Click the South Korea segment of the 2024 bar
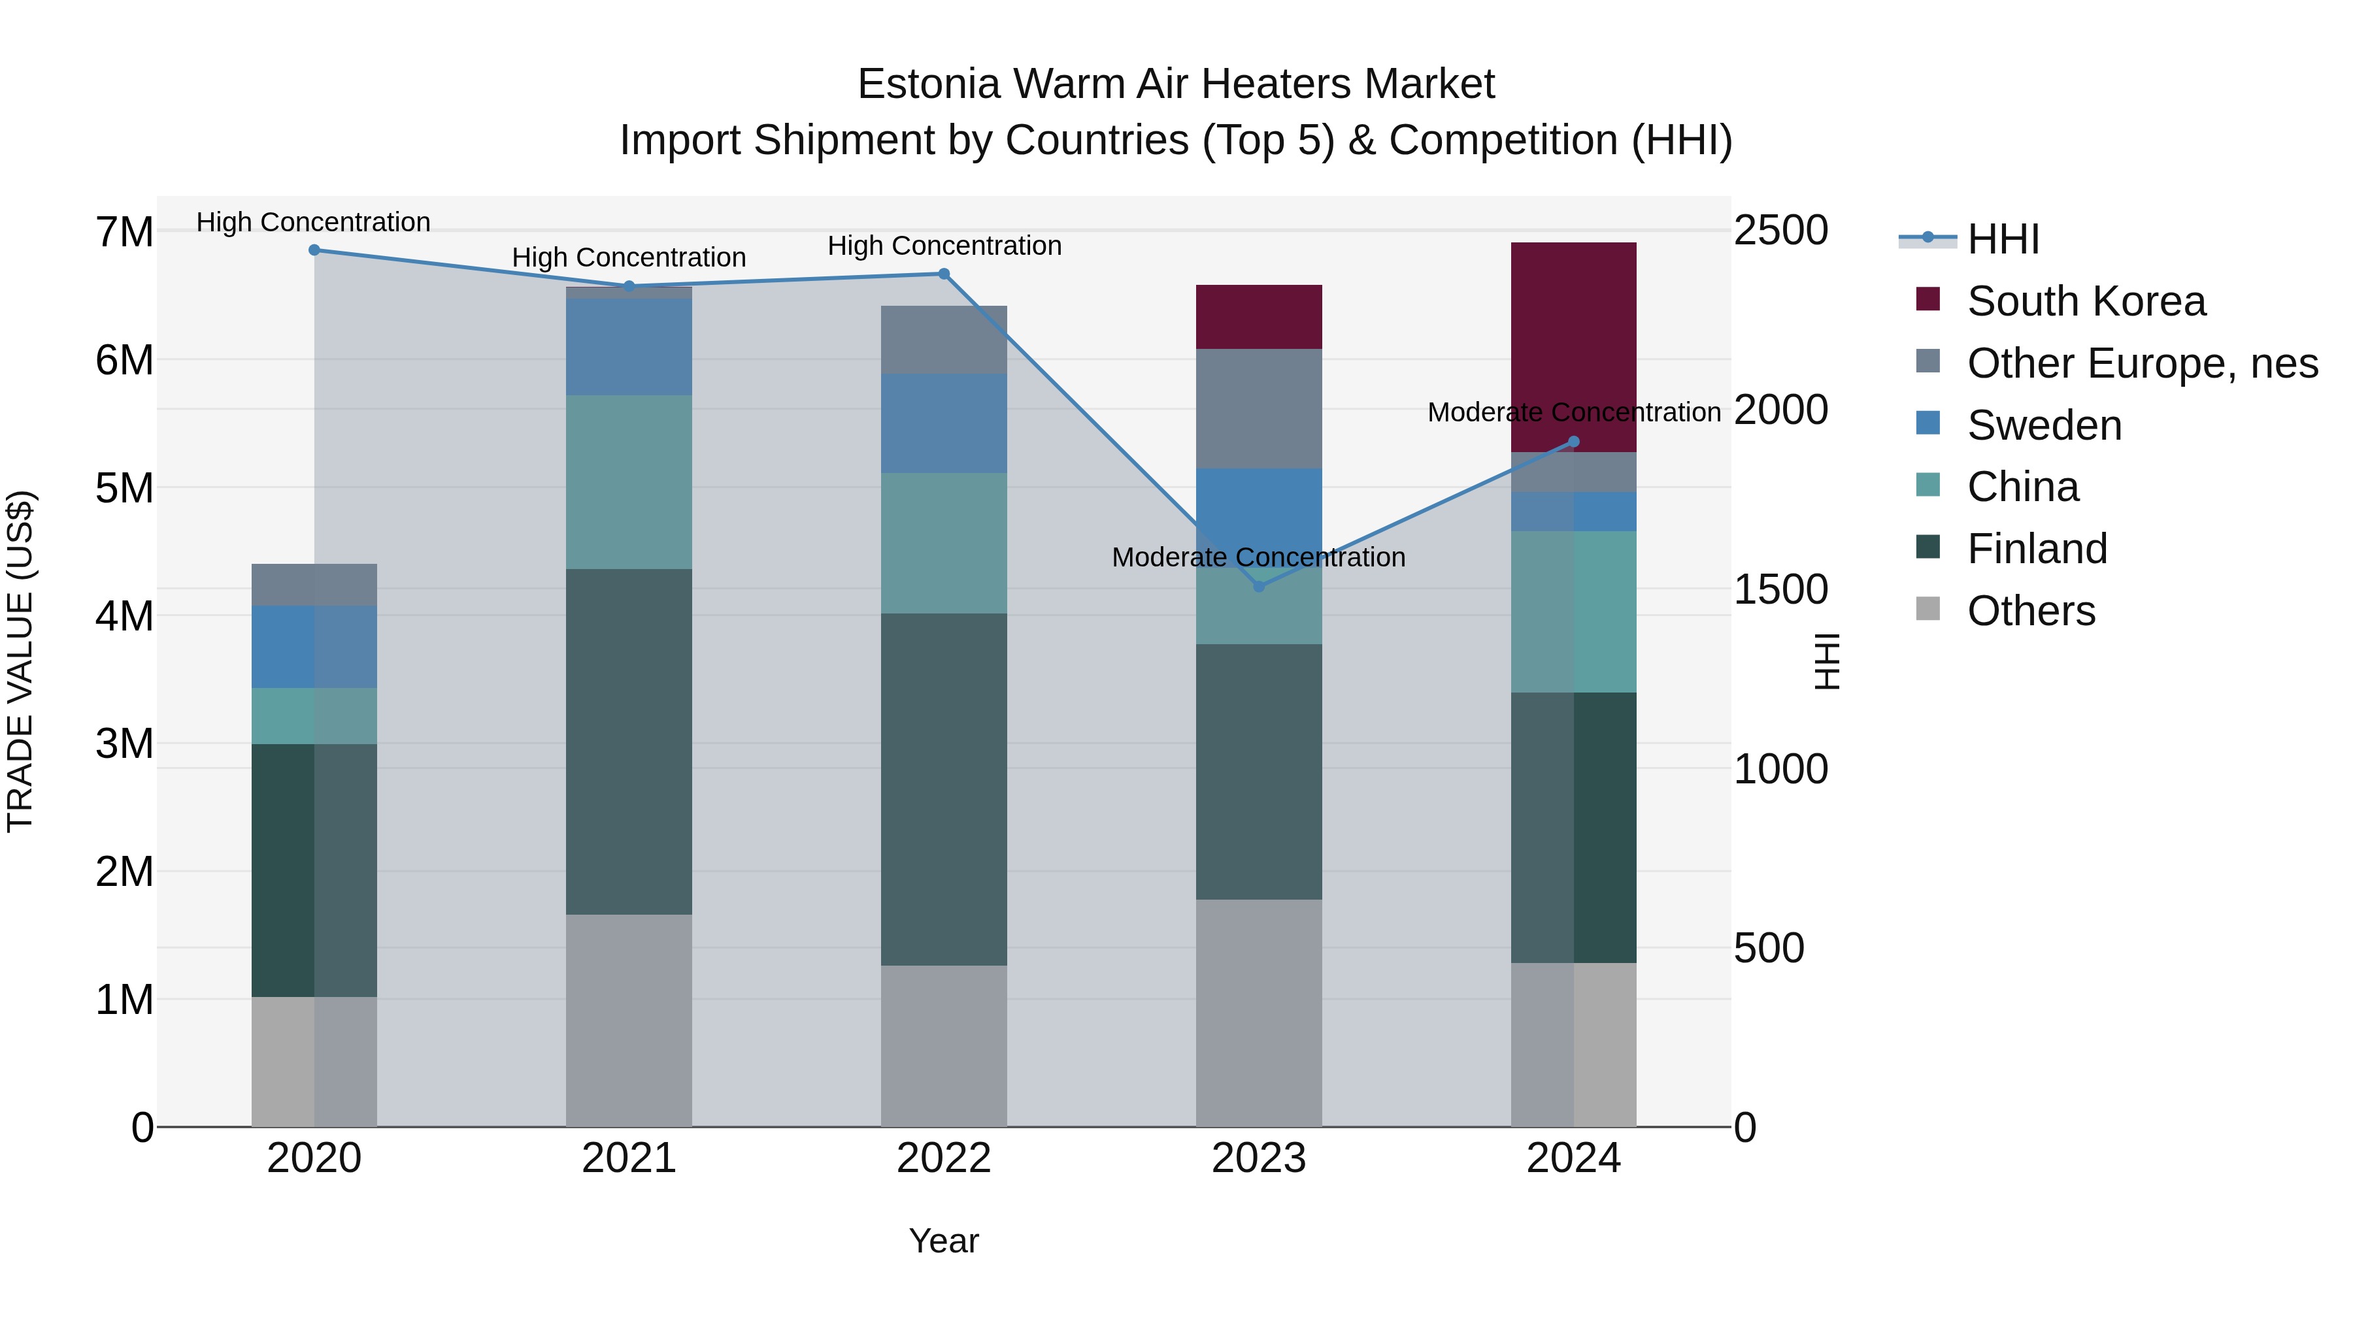pyautogui.click(x=1573, y=347)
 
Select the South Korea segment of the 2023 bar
pyautogui.click(x=1259, y=316)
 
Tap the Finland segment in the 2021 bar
pyautogui.click(x=628, y=742)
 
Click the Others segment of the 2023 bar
pyautogui.click(x=1259, y=1013)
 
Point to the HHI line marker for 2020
pyautogui.click(x=314, y=250)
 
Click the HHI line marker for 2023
pyautogui.click(x=1259, y=586)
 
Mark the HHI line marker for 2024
pyautogui.click(x=1573, y=442)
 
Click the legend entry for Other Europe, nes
pyautogui.click(x=2141, y=363)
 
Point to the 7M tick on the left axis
pyautogui.click(x=124, y=232)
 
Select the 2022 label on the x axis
pyautogui.click(x=944, y=1158)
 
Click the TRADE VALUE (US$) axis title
pyautogui.click(x=20, y=661)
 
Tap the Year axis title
pyautogui.click(x=944, y=1241)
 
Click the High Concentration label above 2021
pyautogui.click(x=628, y=257)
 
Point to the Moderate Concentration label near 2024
pyautogui.click(x=1573, y=413)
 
